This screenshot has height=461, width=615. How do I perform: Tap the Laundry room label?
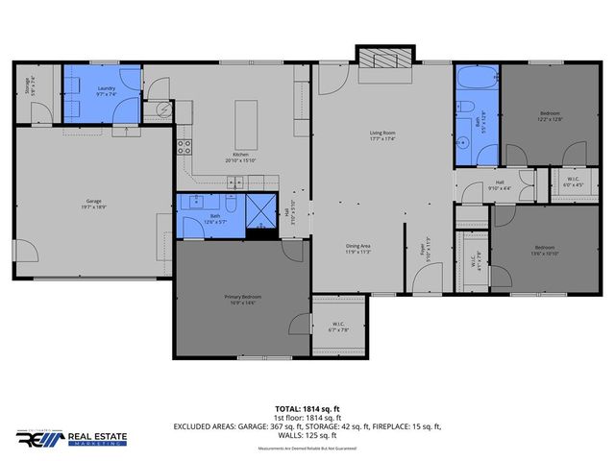point(106,91)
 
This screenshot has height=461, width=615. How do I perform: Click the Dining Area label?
point(359,249)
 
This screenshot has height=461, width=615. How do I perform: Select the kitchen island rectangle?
point(245,120)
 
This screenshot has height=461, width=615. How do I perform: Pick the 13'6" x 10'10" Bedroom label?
point(544,252)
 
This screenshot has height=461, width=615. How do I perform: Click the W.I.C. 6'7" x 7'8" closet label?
point(339,328)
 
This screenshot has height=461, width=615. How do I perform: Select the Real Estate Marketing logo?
point(65,440)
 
